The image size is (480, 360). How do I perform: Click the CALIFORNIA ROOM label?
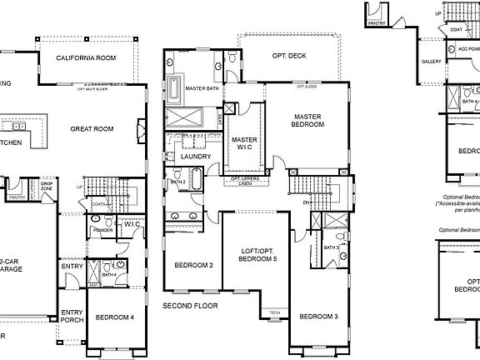point(86,58)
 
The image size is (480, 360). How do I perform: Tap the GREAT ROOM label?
point(92,128)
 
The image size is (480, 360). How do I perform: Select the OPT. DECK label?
point(288,56)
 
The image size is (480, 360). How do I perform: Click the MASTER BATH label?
point(202,87)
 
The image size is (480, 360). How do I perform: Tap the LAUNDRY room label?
point(196,156)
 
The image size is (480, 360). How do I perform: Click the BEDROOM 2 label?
point(194,265)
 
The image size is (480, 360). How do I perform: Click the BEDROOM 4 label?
point(114,317)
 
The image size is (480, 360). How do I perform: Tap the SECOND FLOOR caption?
point(190,305)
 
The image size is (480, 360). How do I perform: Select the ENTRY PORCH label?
point(72,317)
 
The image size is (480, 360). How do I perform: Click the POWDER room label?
point(102,230)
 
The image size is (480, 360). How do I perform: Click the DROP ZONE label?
point(47,185)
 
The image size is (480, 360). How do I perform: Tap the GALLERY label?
point(431,62)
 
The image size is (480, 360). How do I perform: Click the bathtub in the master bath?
point(175,87)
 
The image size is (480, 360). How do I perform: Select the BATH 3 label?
point(331,247)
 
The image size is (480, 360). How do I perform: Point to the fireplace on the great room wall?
point(142,129)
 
